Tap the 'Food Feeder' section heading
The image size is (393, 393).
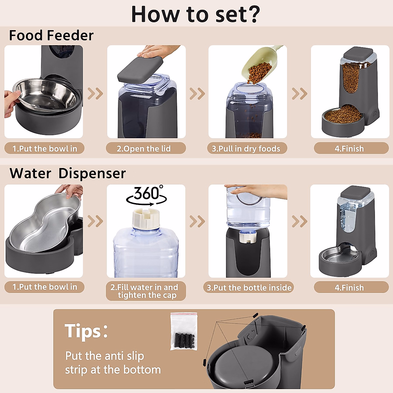[x=51, y=35]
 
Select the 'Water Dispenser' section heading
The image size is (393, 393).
[x=67, y=173]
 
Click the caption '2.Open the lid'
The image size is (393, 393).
[x=144, y=149]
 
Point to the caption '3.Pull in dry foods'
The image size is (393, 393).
[x=246, y=149]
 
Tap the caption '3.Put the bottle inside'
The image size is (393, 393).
[x=249, y=288]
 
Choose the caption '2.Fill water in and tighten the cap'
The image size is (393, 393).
[x=145, y=291]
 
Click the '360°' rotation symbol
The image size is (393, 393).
[x=146, y=195]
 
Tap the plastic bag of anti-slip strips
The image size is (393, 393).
[x=184, y=331]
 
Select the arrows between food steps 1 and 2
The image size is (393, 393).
[x=95, y=94]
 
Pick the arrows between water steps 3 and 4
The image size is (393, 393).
[x=299, y=221]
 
